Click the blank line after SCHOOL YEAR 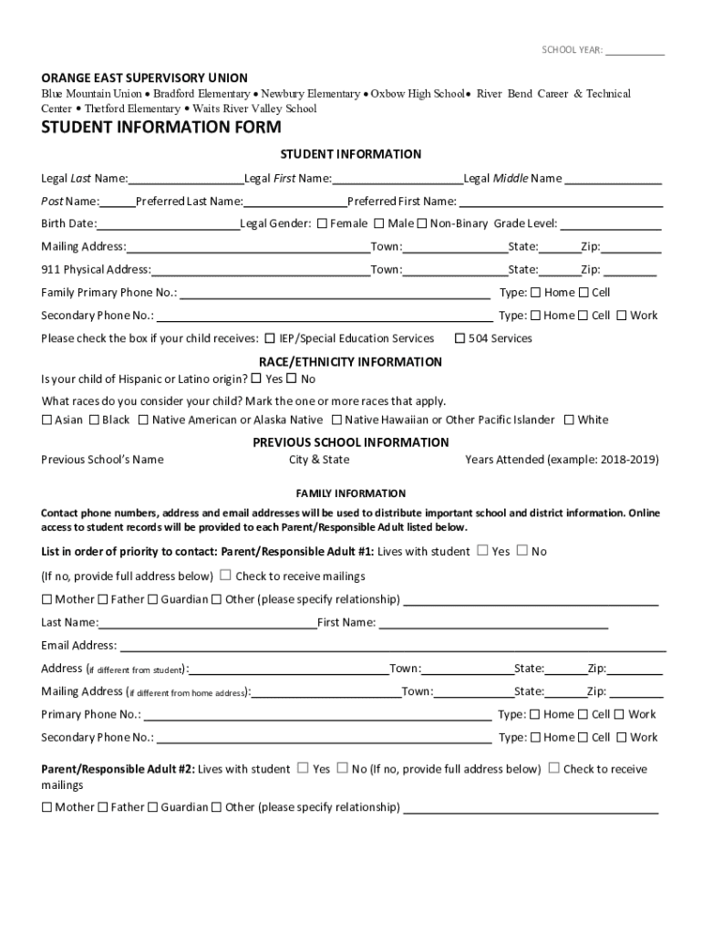[635, 51]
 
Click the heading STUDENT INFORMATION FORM [160, 128]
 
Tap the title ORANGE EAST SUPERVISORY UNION [144, 78]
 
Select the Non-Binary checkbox [422, 223]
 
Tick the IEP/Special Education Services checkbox [271, 338]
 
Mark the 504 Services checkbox [459, 338]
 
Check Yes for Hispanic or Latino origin [256, 379]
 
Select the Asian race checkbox [46, 420]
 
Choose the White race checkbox [569, 420]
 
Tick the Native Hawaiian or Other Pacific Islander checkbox [336, 420]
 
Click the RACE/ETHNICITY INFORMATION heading [350, 362]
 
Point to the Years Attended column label [562, 460]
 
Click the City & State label [319, 460]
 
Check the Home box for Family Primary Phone [535, 293]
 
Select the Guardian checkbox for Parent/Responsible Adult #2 [153, 807]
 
